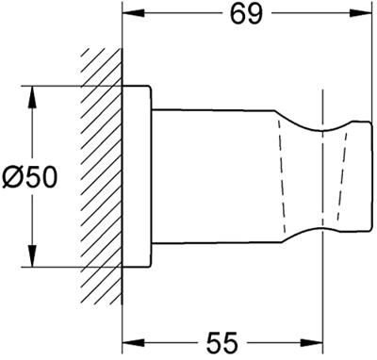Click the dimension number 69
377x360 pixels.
pyautogui.click(x=246, y=14)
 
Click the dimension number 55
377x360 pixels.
pyautogui.click(x=222, y=342)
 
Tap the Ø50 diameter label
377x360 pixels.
pyautogui.click(x=30, y=177)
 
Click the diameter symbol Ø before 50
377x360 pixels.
pyautogui.click(x=13, y=177)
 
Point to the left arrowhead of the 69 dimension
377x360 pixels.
pyautogui.click(x=133, y=13)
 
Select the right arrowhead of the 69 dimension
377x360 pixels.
pyautogui.click(x=361, y=13)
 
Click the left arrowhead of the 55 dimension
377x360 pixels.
pyautogui.click(x=133, y=342)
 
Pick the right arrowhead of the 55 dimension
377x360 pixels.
pyautogui.click(x=312, y=342)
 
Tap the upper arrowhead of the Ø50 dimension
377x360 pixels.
pyautogui.click(x=32, y=97)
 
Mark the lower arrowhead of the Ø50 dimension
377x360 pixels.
pyautogui.click(x=32, y=255)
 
